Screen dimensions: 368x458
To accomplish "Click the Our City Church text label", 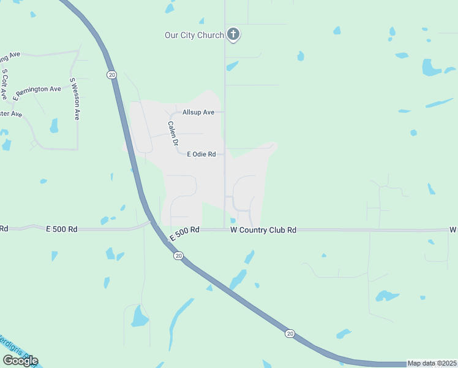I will [x=194, y=35].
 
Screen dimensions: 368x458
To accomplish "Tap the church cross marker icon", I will [x=233, y=34].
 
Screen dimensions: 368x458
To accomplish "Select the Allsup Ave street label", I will [x=198, y=112].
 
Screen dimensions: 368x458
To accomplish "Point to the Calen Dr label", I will [x=173, y=133].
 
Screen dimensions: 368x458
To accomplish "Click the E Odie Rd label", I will [x=201, y=154].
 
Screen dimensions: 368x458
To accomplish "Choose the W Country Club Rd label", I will [x=263, y=230].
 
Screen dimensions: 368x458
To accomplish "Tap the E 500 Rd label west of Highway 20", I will [x=62, y=229].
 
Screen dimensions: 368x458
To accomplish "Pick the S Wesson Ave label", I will [x=74, y=99].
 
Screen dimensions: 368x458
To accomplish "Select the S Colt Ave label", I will [x=4, y=84].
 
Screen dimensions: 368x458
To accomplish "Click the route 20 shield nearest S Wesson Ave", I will [x=111, y=74].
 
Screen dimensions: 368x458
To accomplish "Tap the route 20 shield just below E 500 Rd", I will [x=178, y=256].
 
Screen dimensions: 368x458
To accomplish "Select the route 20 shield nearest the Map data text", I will [x=290, y=333].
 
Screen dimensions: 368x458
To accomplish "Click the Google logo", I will [x=20, y=361].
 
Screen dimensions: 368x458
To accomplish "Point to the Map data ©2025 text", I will [x=432, y=363].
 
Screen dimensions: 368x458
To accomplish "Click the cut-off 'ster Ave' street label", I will [x=11, y=114].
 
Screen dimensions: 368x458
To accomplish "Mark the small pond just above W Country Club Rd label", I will [x=233, y=221].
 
